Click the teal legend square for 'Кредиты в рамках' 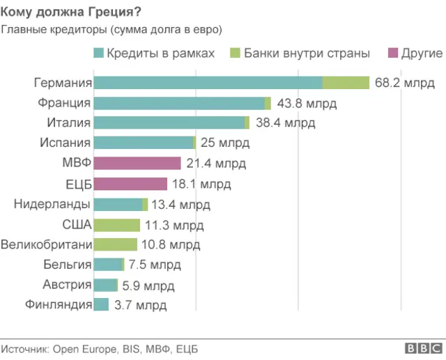pyautogui.click(x=98, y=54)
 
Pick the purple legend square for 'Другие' pyautogui.click(x=394, y=54)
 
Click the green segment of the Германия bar pyautogui.click(x=346, y=83)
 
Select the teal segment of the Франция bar pyautogui.click(x=179, y=103)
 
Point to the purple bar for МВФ pyautogui.click(x=137, y=164)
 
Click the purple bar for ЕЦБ pyautogui.click(x=130, y=184)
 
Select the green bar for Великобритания pyautogui.click(x=116, y=244)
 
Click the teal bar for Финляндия pyautogui.click(x=101, y=305)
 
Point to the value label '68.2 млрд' pyautogui.click(x=404, y=83)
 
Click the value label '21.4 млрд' pyautogui.click(x=215, y=164)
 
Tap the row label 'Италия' pyautogui.click(x=70, y=123)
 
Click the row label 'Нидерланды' pyautogui.click(x=52, y=204)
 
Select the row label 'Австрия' pyautogui.click(x=67, y=285)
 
